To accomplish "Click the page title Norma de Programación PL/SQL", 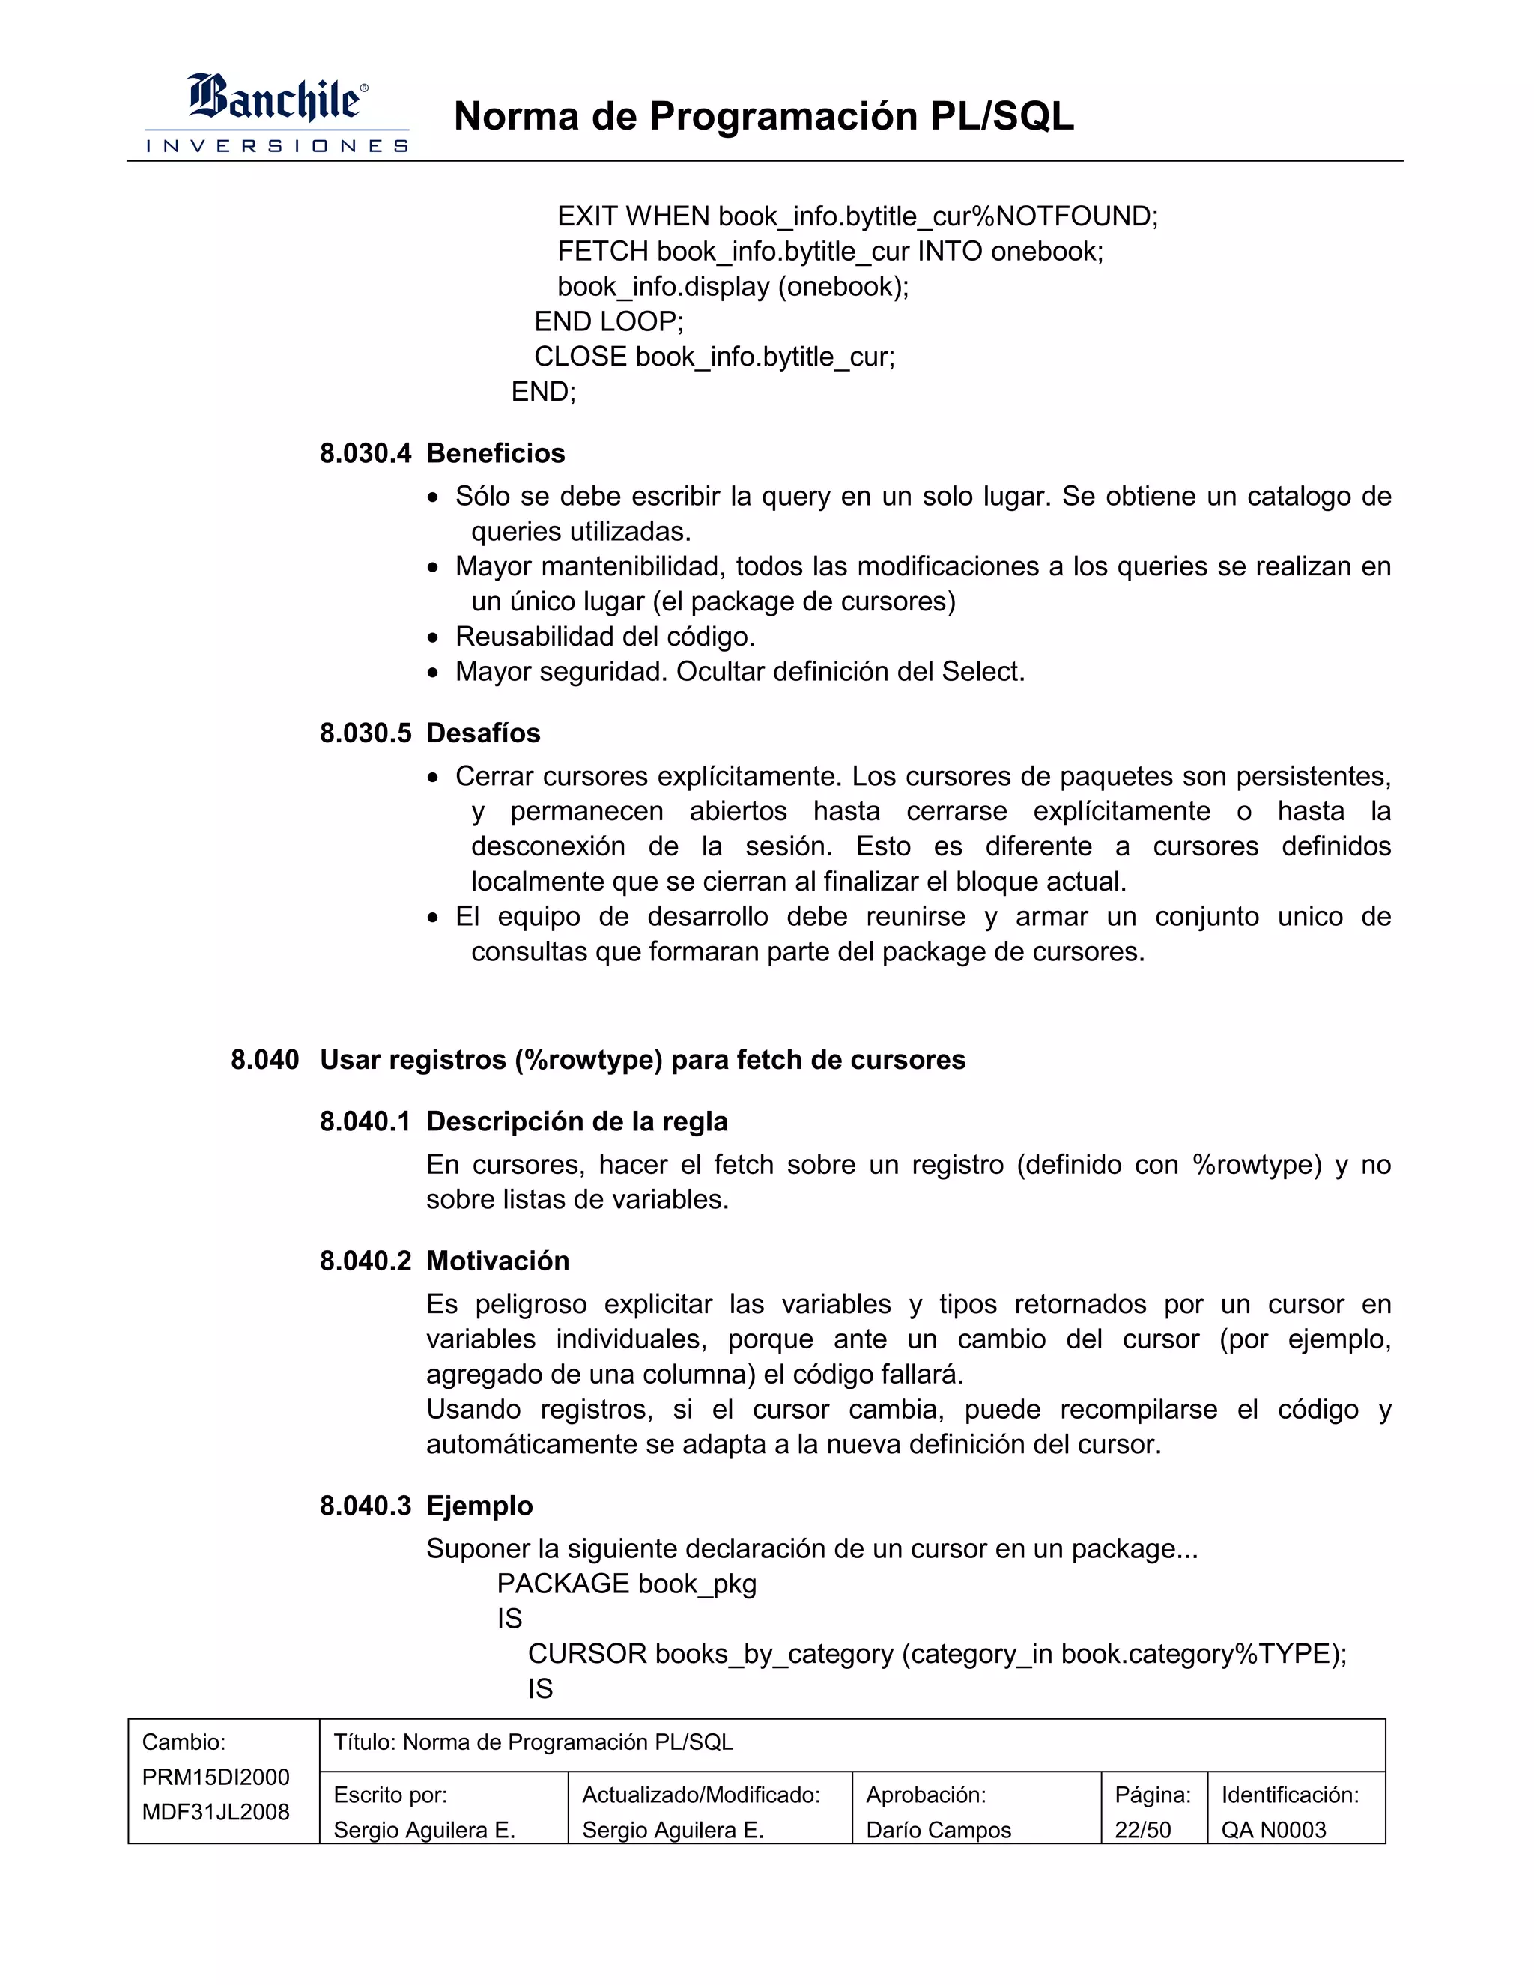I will (763, 116).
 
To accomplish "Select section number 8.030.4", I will (366, 453).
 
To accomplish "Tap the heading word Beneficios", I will (495, 453).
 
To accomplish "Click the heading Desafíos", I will (482, 733).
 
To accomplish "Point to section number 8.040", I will (264, 1060).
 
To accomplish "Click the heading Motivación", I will (498, 1261).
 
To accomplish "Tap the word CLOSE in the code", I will (580, 357).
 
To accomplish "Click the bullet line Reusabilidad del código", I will (605, 636).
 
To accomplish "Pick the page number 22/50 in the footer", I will (1142, 1830).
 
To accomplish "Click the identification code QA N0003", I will (1273, 1830).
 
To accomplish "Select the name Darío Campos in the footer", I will (938, 1830).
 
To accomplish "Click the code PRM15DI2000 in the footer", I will (216, 1777).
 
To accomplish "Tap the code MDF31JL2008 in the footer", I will (216, 1811).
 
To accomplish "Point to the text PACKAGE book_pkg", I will (626, 1584).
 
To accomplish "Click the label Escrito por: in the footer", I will (389, 1795).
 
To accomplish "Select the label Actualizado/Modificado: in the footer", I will (700, 1795).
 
